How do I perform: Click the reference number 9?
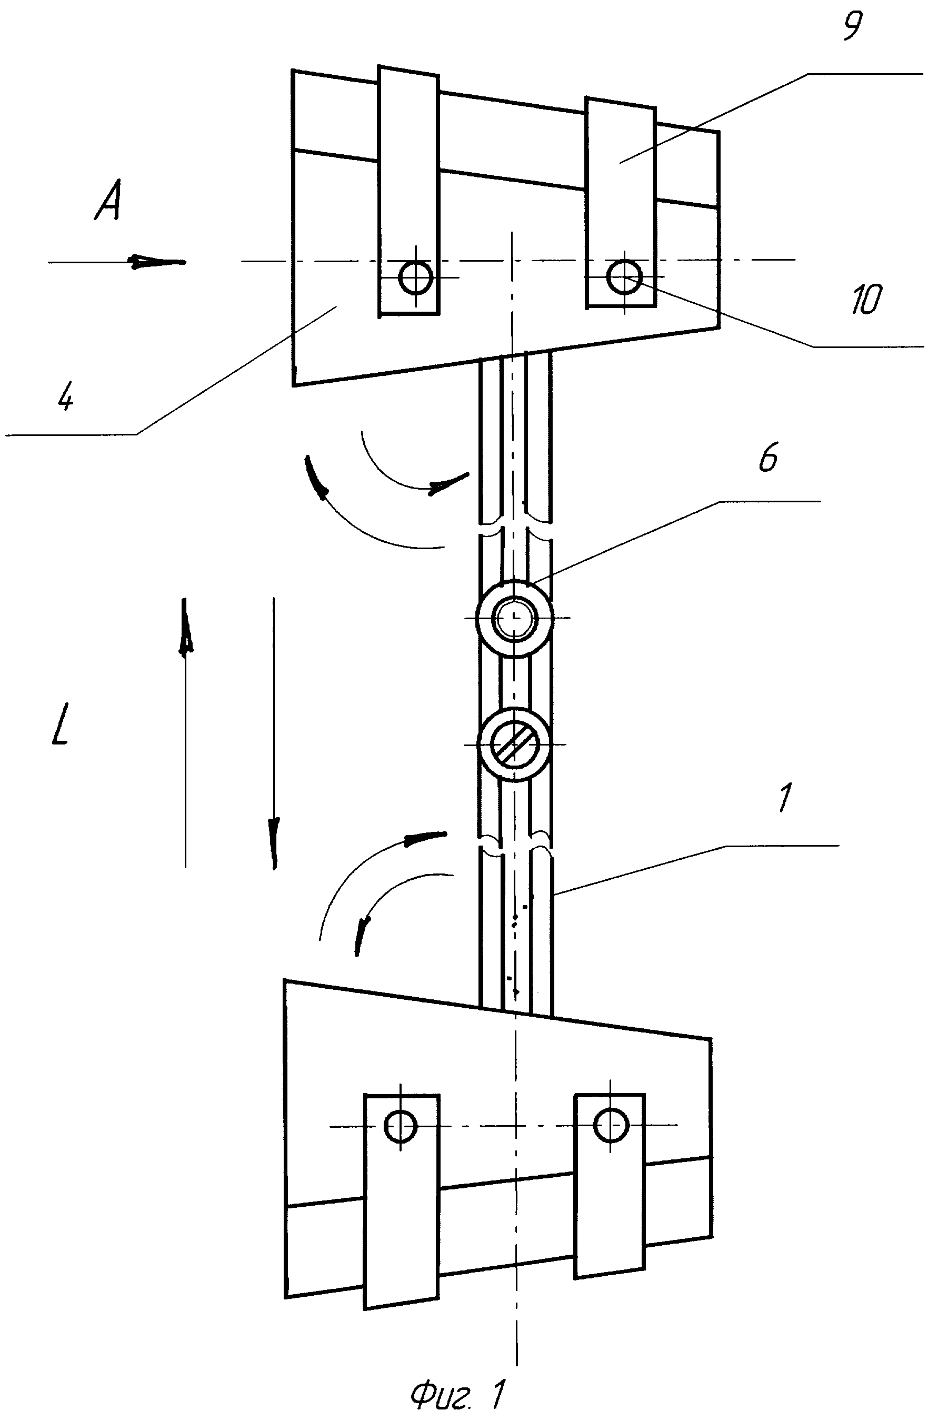pyautogui.click(x=853, y=27)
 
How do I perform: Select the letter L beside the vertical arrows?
pyautogui.click(x=60, y=723)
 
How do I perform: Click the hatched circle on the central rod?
pyautogui.click(x=514, y=744)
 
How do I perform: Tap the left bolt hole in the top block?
pyautogui.click(x=416, y=277)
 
